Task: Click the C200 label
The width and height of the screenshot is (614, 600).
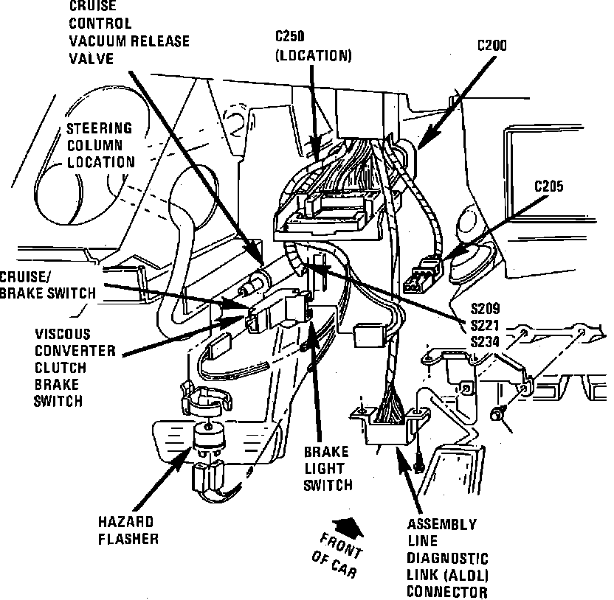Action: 491,45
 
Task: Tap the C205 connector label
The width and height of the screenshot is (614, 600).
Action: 548,186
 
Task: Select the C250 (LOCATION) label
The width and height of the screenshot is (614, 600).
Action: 314,46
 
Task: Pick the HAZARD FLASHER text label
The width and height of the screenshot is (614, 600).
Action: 128,531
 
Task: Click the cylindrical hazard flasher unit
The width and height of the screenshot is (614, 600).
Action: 207,439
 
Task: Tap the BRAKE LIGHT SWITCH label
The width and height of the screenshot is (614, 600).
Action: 327,468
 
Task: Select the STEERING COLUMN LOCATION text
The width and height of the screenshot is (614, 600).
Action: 100,145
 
